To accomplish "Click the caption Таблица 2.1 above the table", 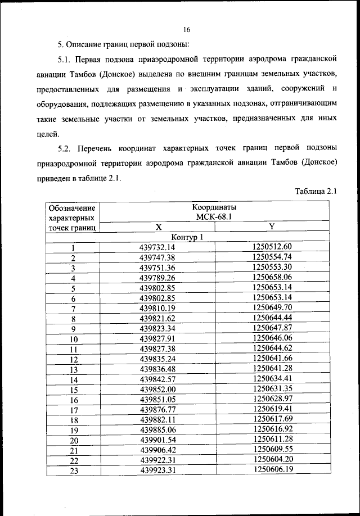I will click(316, 191).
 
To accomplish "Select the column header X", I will click(159, 227).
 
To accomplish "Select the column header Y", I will click(272, 227).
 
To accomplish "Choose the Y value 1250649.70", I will click(272, 307).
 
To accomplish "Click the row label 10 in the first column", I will click(73, 339).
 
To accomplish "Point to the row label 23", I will click(73, 471).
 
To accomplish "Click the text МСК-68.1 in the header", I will click(214, 217).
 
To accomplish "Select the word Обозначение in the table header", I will click(73, 207).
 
